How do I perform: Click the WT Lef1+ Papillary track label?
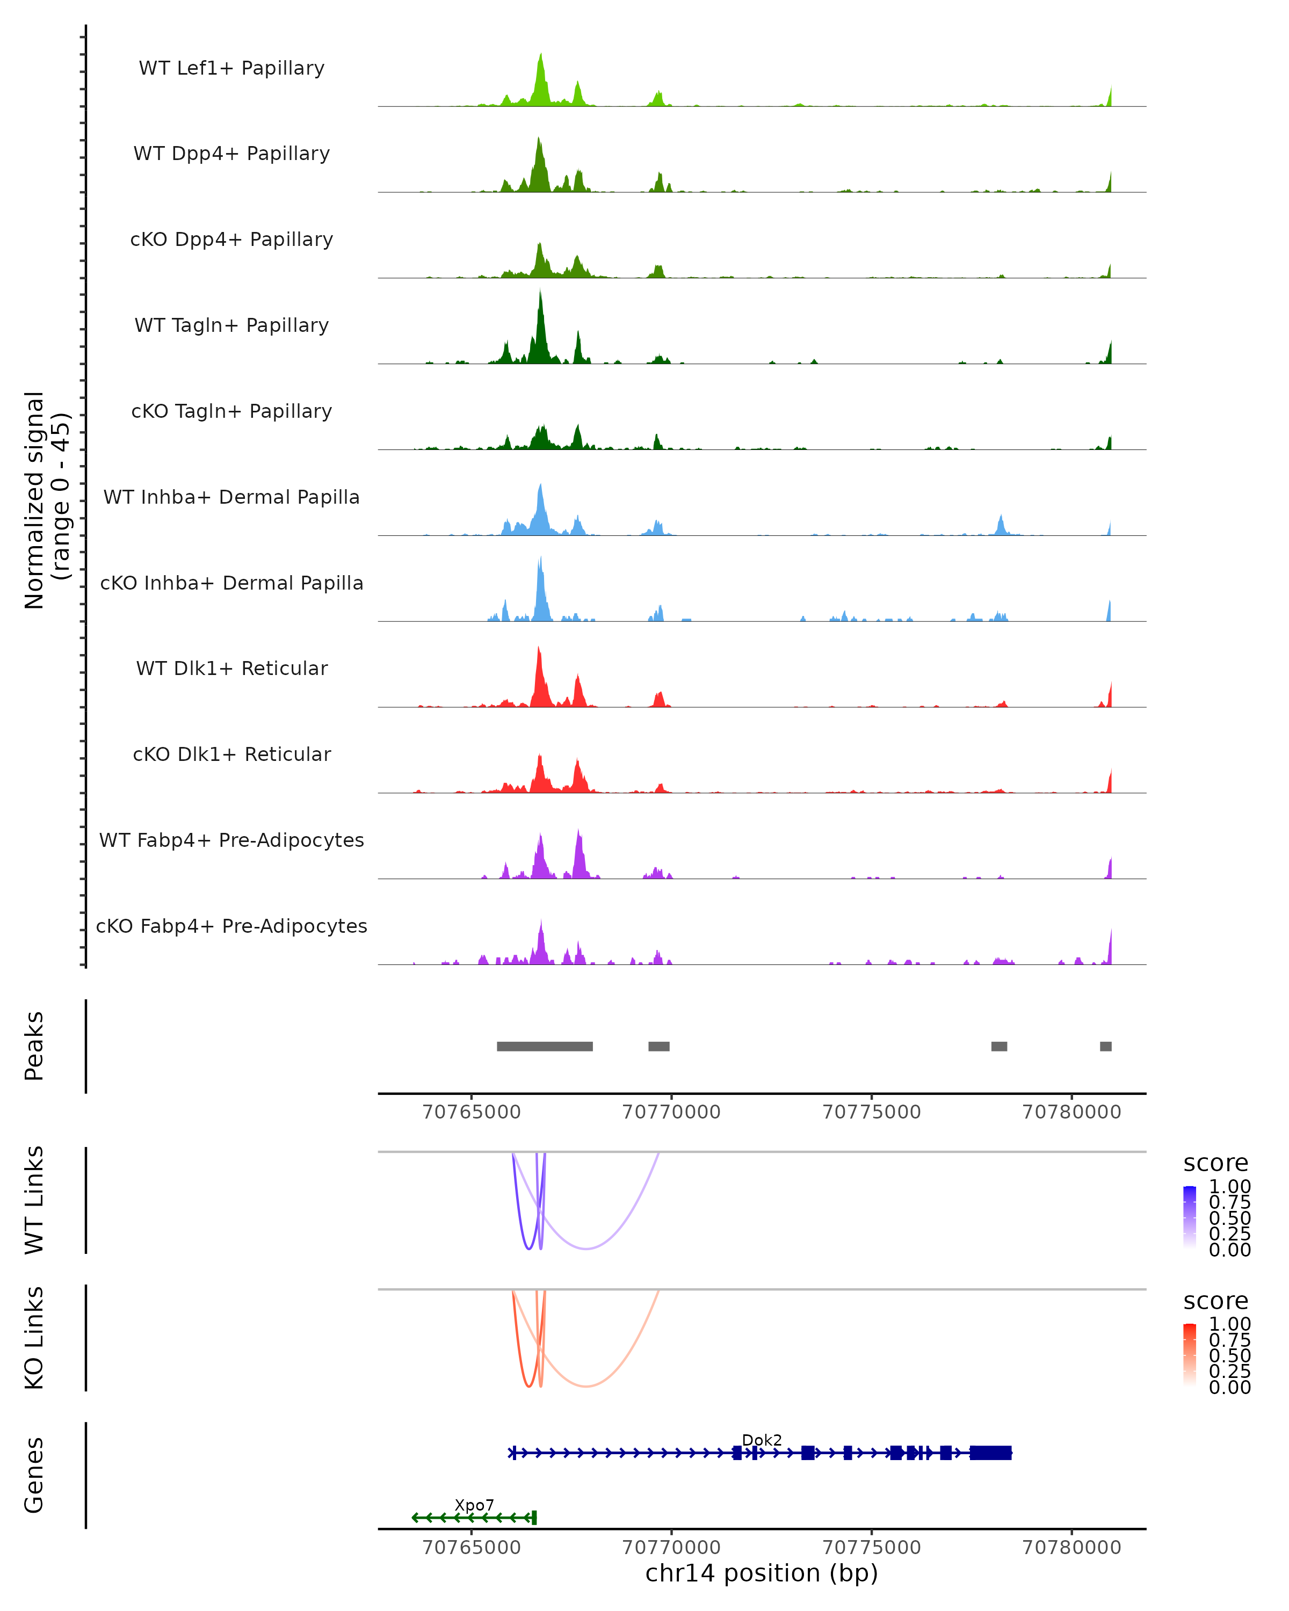(x=231, y=69)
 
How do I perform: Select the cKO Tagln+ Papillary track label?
(x=231, y=412)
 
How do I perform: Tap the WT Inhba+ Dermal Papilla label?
(x=231, y=498)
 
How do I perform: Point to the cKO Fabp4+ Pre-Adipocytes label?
(x=231, y=926)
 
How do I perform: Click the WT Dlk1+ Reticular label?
(x=231, y=669)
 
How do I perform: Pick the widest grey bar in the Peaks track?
(x=545, y=1046)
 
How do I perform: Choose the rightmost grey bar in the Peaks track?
(x=1105, y=1046)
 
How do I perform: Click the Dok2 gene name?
(x=762, y=1440)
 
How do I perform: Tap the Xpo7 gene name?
(x=474, y=1505)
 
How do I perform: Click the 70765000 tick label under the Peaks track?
(x=472, y=1112)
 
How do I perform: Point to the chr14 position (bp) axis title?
(x=762, y=1573)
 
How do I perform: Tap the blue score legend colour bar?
(x=1190, y=1216)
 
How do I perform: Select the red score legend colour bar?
(x=1190, y=1354)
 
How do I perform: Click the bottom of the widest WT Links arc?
(x=588, y=1249)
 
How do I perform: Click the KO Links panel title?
(x=34, y=1338)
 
